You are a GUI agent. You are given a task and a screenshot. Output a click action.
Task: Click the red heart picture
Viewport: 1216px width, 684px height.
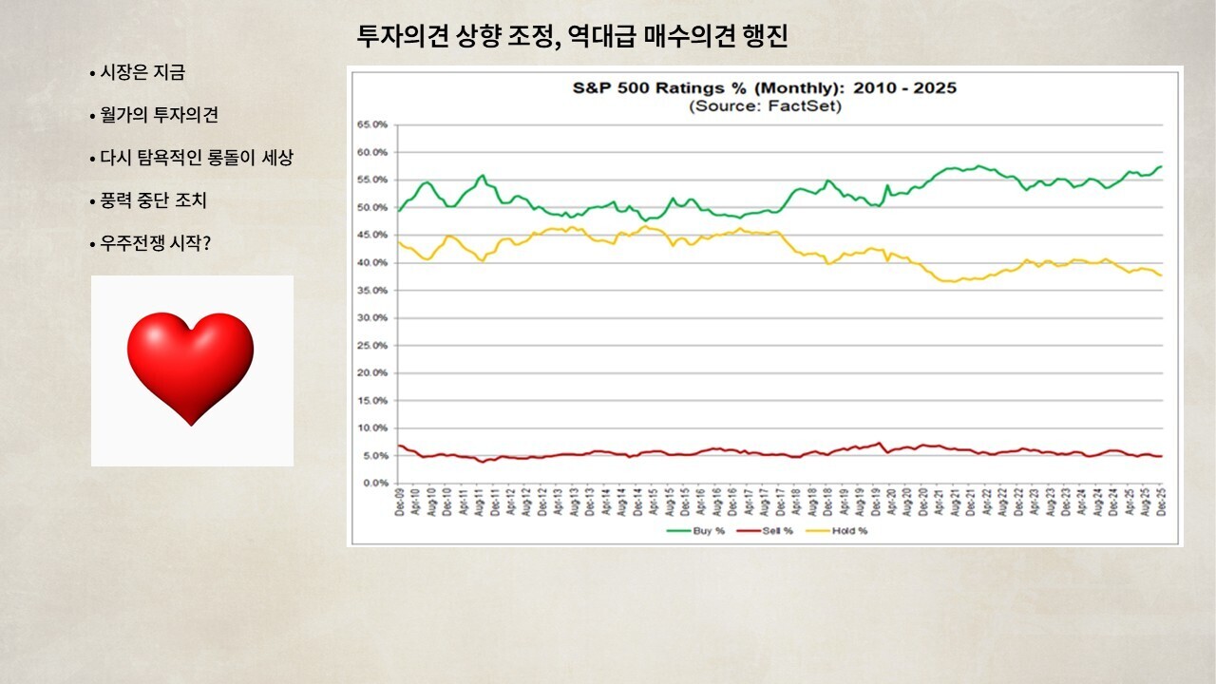click(x=191, y=369)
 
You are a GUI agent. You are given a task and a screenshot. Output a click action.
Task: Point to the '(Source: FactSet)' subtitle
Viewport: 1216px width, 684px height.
click(x=764, y=105)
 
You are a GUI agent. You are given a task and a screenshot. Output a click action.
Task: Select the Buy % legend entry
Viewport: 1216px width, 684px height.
click(x=699, y=530)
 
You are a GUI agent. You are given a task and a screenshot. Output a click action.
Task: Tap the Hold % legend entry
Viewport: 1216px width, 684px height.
click(x=843, y=530)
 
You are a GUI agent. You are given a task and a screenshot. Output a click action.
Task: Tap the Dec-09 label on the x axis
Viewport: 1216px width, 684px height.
click(x=400, y=503)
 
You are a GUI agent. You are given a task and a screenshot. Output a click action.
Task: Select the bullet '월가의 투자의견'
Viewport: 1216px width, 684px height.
click(x=160, y=115)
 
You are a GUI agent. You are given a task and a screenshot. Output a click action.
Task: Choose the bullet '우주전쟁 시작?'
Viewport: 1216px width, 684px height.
click(x=155, y=243)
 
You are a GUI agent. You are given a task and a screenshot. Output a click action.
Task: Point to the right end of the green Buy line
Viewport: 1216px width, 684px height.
click(x=1161, y=166)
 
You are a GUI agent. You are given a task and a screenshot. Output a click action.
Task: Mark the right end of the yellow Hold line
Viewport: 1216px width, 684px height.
click(x=1161, y=275)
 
